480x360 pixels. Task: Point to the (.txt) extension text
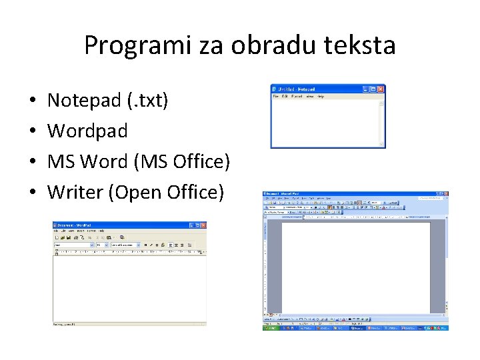coord(147,101)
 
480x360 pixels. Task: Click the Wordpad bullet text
coord(87,131)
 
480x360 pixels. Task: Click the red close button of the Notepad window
coord(381,89)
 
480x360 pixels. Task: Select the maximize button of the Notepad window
coord(373,89)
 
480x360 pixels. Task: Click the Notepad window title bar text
coord(297,89)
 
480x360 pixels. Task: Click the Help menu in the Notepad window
coord(321,97)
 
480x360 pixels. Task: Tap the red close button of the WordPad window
coord(203,225)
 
